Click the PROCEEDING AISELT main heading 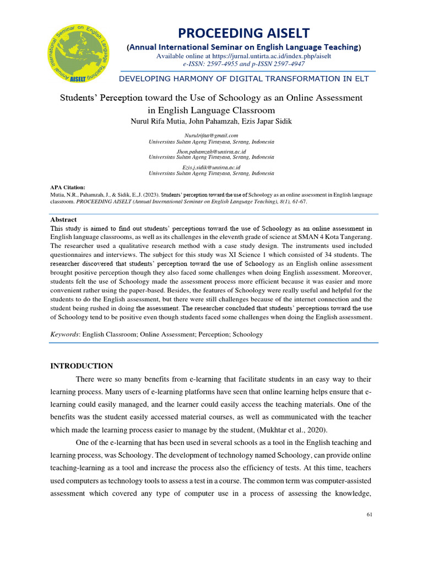243,33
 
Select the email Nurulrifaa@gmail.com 211,135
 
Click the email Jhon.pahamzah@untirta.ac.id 211,151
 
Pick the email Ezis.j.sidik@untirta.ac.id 211,167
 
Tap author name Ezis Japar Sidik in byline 269,120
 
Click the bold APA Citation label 68,188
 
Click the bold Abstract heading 63,219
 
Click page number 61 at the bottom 369,514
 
